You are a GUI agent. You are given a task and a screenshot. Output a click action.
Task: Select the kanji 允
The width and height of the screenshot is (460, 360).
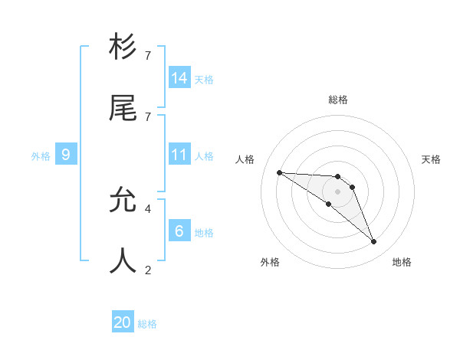click(x=123, y=201)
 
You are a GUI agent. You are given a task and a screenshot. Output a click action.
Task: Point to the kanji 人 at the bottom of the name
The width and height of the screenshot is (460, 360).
click(x=123, y=261)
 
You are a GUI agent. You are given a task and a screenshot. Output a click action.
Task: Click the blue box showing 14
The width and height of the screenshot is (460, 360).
click(x=179, y=78)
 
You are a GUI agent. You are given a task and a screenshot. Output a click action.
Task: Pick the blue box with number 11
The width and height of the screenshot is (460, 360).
click(x=179, y=155)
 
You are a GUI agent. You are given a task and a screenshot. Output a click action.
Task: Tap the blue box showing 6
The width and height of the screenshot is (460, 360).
click(x=179, y=231)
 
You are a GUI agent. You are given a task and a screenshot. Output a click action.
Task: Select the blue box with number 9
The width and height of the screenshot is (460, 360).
click(x=66, y=155)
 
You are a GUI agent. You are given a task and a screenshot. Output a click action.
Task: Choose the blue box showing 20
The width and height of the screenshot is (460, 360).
click(x=123, y=323)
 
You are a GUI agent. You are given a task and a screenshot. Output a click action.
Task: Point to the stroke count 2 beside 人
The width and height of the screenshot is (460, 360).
click(x=148, y=270)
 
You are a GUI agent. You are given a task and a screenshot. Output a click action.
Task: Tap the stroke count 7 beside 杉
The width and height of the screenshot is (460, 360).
click(x=148, y=56)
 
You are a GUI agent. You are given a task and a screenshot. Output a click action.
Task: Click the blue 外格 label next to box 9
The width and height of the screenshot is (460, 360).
click(x=41, y=156)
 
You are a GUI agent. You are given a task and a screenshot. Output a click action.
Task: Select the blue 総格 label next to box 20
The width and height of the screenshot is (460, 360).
click(x=147, y=324)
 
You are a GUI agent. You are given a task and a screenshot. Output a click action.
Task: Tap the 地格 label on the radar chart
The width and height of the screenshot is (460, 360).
click(x=402, y=263)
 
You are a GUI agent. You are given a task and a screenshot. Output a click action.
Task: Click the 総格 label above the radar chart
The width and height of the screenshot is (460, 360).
click(x=338, y=100)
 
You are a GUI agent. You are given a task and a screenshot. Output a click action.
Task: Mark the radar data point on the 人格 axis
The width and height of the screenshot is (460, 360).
click(x=279, y=172)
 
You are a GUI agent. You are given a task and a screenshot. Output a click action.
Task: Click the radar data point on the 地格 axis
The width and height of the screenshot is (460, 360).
click(x=374, y=242)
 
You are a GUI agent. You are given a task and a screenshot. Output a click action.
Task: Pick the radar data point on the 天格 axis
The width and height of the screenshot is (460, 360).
click(x=352, y=187)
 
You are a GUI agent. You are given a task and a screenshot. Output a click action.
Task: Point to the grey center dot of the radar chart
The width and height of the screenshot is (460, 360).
click(x=337, y=191)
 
